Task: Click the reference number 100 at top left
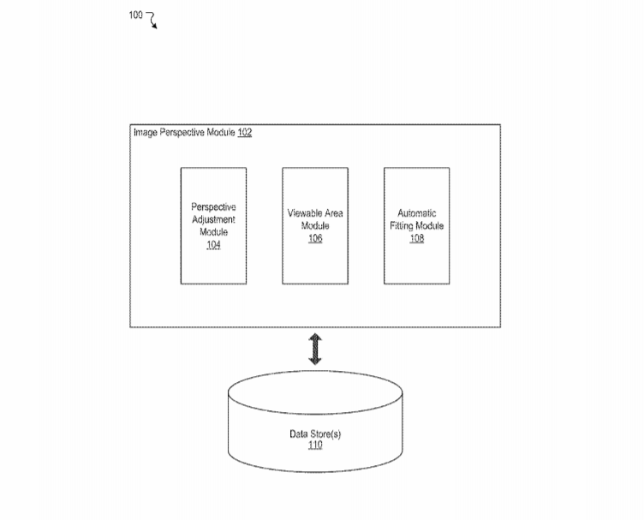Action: coord(135,15)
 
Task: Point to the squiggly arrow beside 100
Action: coord(152,20)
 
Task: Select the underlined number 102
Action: coord(245,132)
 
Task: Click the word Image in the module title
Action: coord(146,133)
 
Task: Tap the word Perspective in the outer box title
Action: coord(182,133)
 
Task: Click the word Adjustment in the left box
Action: coord(213,220)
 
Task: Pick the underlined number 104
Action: coord(213,245)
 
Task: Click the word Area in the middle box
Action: coord(333,213)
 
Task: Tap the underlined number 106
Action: coord(315,238)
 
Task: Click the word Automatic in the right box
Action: coord(417,213)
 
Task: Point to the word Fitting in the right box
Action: coord(402,226)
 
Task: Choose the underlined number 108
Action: coord(417,238)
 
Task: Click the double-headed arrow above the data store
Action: coord(315,350)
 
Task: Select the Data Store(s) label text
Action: coord(315,434)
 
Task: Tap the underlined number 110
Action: coord(315,445)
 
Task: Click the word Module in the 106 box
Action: coord(315,225)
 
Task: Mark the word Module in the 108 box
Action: coord(430,225)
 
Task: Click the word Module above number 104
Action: coord(213,232)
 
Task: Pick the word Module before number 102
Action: coord(221,132)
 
